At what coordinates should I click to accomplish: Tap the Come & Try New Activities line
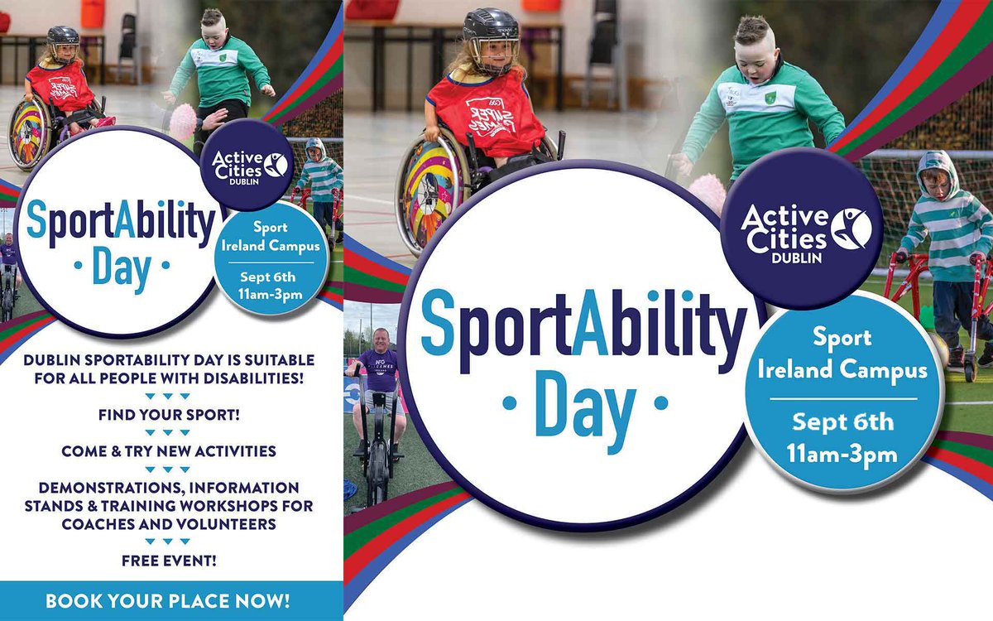[168, 451]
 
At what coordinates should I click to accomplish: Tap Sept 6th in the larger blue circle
[843, 422]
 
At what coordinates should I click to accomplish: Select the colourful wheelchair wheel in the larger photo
[429, 195]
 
